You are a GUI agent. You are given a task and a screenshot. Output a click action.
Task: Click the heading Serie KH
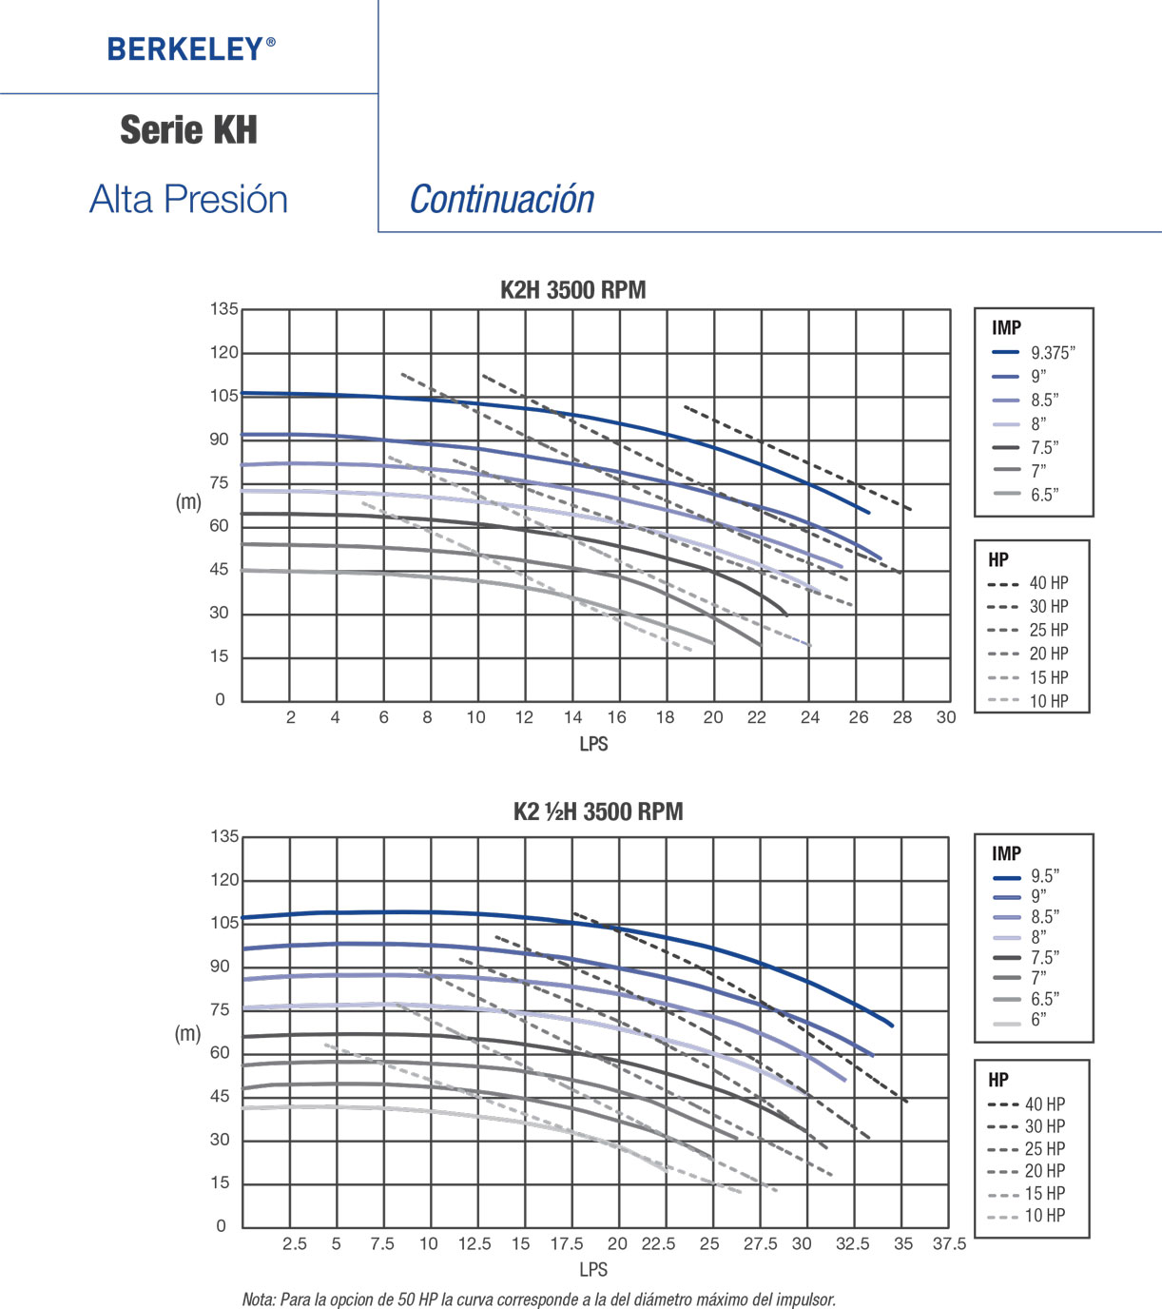pos(188,130)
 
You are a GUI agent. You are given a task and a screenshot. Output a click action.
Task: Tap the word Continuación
pos(501,200)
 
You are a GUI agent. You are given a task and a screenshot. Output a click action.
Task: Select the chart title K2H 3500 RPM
pos(572,290)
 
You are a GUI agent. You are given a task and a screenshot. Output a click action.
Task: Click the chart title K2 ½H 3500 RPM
pos(597,811)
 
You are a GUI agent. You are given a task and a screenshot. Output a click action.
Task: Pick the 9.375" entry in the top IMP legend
pos(1053,353)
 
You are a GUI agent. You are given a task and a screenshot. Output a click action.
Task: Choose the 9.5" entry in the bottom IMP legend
pos(1044,876)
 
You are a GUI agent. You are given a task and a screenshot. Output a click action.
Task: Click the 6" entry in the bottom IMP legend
pos(1038,1020)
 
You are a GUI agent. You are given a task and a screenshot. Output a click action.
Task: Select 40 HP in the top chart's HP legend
pos(1048,583)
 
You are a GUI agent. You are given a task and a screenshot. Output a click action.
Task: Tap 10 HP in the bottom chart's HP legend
pos(1044,1216)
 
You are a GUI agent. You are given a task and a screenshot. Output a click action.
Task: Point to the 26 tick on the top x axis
pos(858,718)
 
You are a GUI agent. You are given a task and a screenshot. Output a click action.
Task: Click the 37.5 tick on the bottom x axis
pos(948,1243)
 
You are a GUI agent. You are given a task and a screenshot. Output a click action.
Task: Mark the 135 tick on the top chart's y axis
pos(224,309)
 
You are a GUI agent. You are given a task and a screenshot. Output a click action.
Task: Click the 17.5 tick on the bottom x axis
pos(567,1243)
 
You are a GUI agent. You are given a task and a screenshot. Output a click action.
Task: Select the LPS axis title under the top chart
pos(593,744)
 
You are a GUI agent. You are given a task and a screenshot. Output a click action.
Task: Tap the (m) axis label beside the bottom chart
pos(188,1033)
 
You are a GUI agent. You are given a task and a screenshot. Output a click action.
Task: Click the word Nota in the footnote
pos(258,1299)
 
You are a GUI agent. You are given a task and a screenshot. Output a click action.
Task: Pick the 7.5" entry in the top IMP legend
pos(1044,448)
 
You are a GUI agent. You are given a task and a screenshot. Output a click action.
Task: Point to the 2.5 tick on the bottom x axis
pos(294,1243)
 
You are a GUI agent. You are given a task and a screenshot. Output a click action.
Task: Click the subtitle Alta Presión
pos(188,200)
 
